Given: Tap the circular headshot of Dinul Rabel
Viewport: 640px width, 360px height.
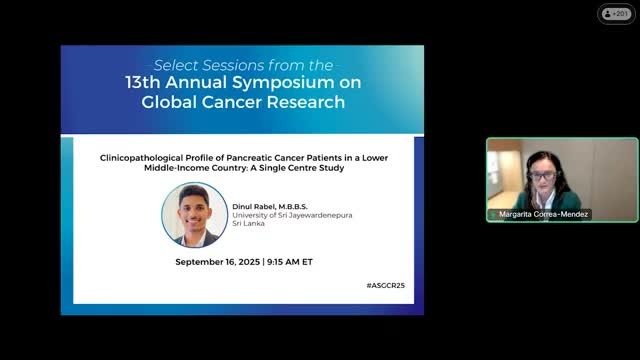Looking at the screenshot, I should point(194,215).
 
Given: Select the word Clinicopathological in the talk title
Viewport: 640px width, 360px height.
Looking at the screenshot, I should point(139,157).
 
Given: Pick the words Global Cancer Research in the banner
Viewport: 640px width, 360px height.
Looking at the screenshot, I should point(242,102).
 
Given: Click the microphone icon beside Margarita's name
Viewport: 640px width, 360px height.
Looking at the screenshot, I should point(493,215).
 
